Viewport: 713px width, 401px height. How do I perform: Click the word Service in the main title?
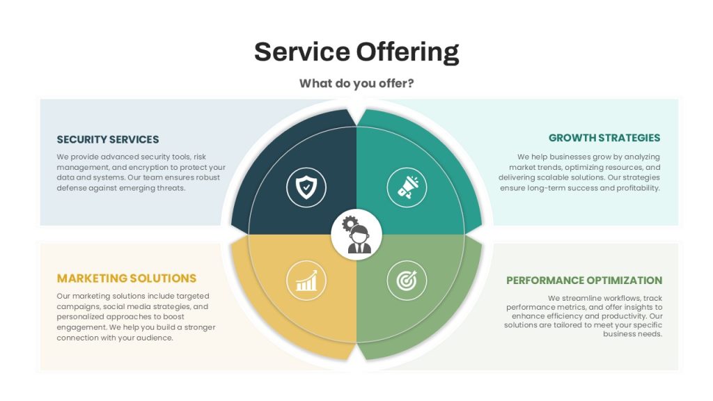pos(302,52)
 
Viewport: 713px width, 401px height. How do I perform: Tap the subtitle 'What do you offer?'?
pos(356,84)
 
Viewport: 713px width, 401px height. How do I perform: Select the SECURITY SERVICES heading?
pos(108,139)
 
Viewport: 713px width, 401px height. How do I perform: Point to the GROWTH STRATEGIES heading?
pos(604,138)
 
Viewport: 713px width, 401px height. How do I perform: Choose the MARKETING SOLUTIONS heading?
pos(127,278)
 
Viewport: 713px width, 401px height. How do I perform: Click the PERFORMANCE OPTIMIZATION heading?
pos(584,280)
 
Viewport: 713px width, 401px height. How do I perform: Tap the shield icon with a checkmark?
pos(306,187)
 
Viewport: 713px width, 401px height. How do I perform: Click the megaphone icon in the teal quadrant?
pos(407,187)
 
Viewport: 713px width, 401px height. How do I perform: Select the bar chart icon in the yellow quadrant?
pos(306,281)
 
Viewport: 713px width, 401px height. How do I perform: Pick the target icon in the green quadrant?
pos(407,281)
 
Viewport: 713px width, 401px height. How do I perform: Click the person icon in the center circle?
pos(359,239)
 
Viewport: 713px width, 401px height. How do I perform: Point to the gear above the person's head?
pos(350,223)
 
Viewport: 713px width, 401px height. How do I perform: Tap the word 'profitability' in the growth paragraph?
pos(638,188)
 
